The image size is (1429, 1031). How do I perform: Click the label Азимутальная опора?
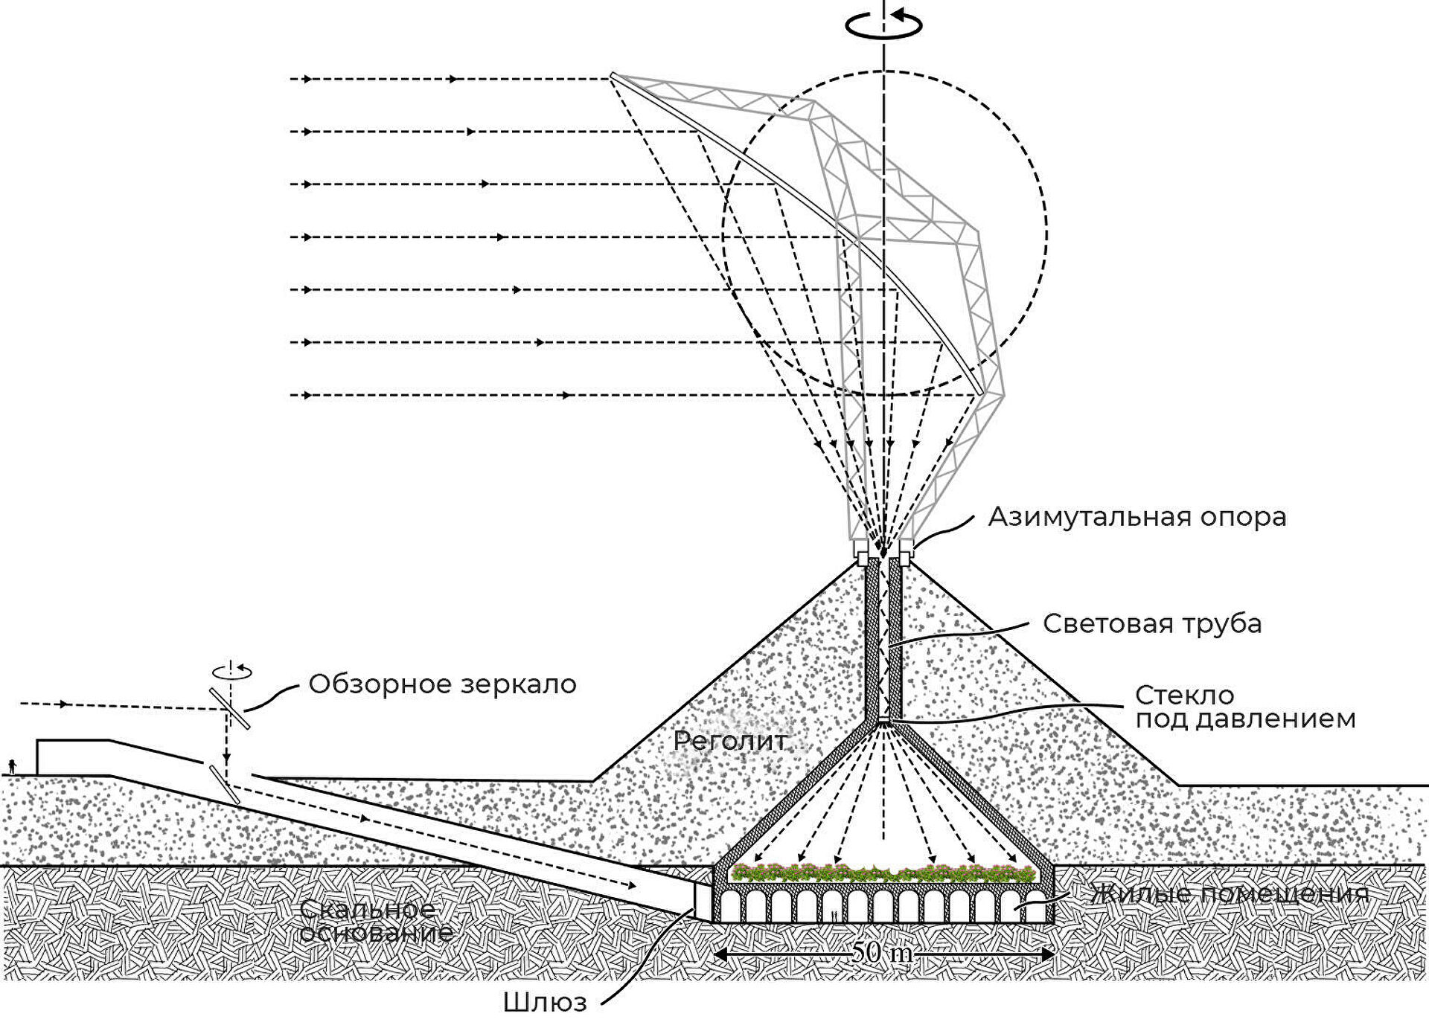pyautogui.click(x=1137, y=517)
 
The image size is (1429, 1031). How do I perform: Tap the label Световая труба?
pyautogui.click(x=1151, y=623)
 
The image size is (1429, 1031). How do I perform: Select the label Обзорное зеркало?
pyautogui.click(x=442, y=684)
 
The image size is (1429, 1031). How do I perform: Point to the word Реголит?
pyautogui.click(x=729, y=741)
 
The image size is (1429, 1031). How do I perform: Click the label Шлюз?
pyautogui.click(x=545, y=1003)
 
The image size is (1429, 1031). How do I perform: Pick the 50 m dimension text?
pyautogui.click(x=883, y=953)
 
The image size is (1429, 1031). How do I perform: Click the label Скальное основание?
pyautogui.click(x=376, y=920)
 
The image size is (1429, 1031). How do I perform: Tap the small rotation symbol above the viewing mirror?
pyautogui.click(x=231, y=671)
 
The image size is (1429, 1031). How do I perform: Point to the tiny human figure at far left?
pyautogui.click(x=12, y=765)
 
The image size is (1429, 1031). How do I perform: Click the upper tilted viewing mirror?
pyautogui.click(x=229, y=707)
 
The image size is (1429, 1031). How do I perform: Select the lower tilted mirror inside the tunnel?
pyautogui.click(x=224, y=784)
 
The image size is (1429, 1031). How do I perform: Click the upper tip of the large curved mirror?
pyautogui.click(x=613, y=74)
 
